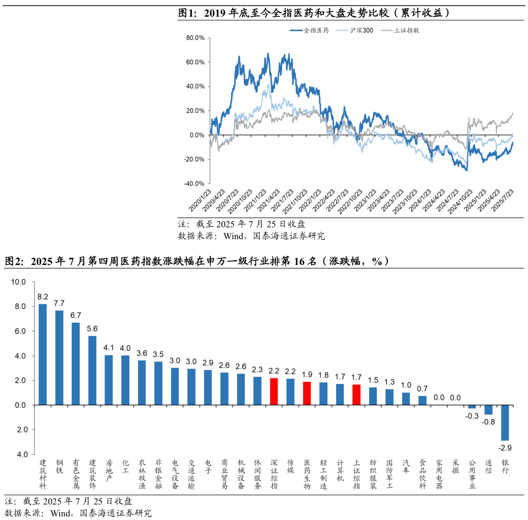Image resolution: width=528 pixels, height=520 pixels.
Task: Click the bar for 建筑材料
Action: click(x=43, y=354)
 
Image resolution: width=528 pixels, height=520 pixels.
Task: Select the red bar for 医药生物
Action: click(x=307, y=393)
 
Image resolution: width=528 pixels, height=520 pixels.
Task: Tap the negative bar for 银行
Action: click(x=505, y=423)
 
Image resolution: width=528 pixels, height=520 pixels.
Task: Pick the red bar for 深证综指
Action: click(x=274, y=392)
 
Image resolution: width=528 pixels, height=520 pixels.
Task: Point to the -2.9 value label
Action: click(x=505, y=448)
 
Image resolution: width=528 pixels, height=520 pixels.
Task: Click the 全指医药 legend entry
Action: click(x=310, y=31)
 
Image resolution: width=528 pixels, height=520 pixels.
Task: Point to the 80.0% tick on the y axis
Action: click(x=196, y=38)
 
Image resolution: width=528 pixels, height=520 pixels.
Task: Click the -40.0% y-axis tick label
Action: click(x=194, y=184)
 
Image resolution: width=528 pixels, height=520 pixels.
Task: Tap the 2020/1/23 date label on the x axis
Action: click(x=200, y=200)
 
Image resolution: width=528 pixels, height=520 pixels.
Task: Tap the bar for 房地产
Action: click(x=109, y=380)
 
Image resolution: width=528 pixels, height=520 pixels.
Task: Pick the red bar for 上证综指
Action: click(x=356, y=395)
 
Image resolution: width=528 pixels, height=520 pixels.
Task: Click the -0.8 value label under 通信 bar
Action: click(x=488, y=422)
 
